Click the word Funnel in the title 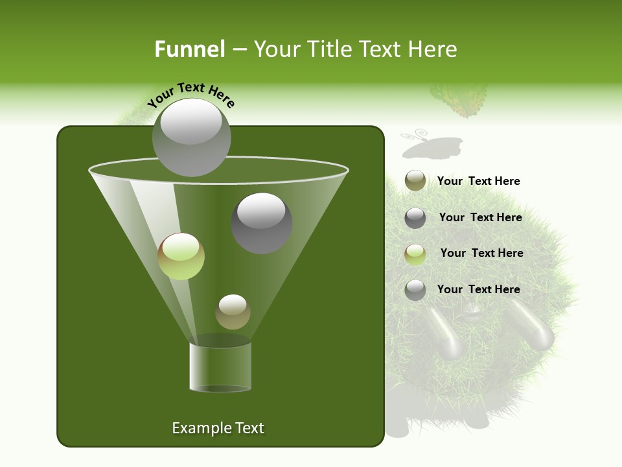(x=190, y=49)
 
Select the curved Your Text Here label (x=191, y=95)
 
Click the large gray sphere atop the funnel (x=191, y=137)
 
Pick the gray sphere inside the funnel (x=262, y=223)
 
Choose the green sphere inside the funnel (x=181, y=256)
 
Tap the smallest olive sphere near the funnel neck (x=233, y=311)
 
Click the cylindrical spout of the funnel (x=220, y=366)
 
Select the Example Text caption (x=218, y=428)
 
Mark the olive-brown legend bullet (x=415, y=181)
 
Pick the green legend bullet (x=415, y=254)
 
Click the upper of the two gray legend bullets (x=415, y=218)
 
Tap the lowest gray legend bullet (x=415, y=290)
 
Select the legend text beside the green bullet (x=481, y=253)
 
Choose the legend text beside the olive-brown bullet (x=479, y=181)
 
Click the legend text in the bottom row (x=479, y=289)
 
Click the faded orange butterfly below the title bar (x=459, y=101)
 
